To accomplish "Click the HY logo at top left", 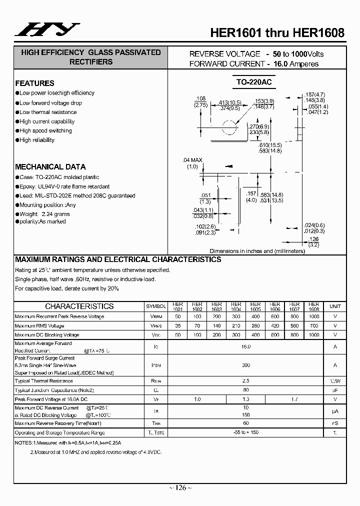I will click(46, 30).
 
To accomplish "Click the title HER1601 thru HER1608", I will click(277, 33).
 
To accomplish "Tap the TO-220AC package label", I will click(253, 81).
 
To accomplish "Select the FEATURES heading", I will click(34, 83).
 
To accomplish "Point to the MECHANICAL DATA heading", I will click(50, 167).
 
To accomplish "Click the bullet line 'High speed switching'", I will click(45, 131).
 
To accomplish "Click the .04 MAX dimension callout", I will click(193, 160).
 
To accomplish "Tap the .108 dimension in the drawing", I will click(200, 98).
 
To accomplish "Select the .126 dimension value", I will click(313, 239).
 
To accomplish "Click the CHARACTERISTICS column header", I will click(79, 306).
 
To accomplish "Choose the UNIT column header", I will click(335, 306).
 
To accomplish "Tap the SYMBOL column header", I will click(156, 306).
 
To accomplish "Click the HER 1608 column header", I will click(313, 306).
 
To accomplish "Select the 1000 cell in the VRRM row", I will click(313, 317).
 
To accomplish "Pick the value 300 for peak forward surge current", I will click(245, 365).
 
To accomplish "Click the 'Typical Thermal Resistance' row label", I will click(43, 381).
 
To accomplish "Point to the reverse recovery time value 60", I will click(245, 423).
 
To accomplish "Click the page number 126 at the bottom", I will click(179, 487).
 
